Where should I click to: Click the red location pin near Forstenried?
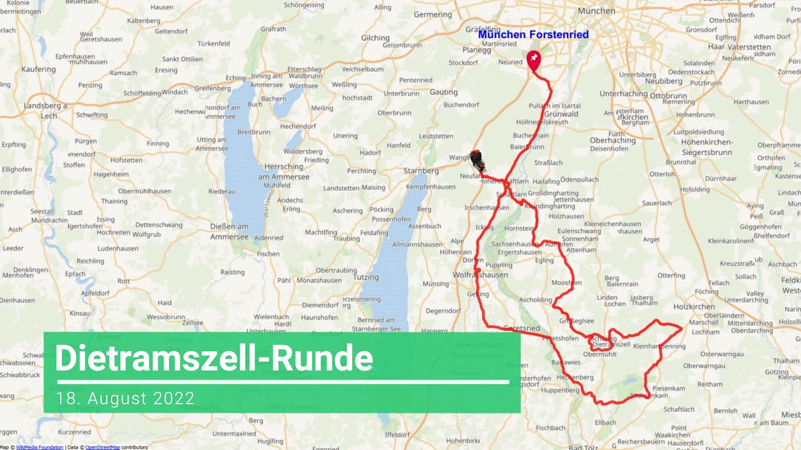pos(534,61)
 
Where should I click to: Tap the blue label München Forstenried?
pos(533,34)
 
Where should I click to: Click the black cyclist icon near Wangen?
pos(478,161)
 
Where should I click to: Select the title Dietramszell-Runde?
pos(214,359)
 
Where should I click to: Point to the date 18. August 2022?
pos(125,398)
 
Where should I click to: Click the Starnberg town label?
pos(422,171)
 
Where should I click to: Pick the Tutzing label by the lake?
pos(366,277)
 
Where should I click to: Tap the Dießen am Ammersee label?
pos(229,231)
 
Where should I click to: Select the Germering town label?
pos(432,14)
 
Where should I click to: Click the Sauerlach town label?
pos(656,203)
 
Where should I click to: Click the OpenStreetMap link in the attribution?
pos(103,447)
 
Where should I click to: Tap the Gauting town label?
pos(444,92)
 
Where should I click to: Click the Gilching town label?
pos(375,37)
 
